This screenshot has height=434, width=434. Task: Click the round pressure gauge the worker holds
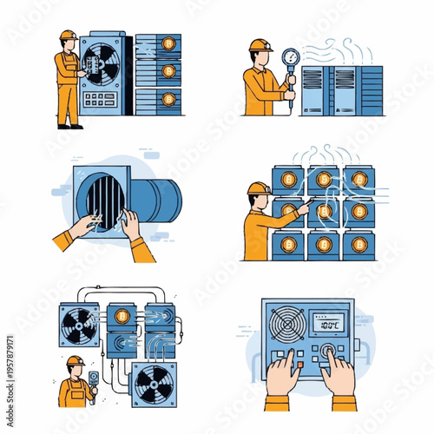(288, 56)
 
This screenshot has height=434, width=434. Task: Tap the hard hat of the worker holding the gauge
(260, 44)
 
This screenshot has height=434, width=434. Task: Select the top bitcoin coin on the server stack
(169, 45)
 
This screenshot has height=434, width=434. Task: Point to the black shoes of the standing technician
(69, 126)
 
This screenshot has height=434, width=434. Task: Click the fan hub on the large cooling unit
(102, 64)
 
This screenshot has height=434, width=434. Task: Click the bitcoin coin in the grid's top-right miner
(358, 180)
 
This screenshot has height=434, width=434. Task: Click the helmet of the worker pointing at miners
(259, 188)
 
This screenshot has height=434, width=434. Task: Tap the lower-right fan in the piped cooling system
(154, 384)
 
